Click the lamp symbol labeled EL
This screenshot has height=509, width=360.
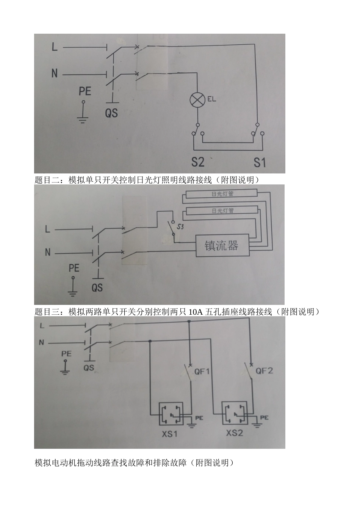coord(197,100)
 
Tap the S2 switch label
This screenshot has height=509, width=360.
coord(198,162)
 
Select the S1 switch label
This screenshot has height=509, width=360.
coord(260,162)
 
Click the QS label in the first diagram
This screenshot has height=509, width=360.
coord(111,112)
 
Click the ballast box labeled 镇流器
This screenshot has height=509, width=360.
coord(222,246)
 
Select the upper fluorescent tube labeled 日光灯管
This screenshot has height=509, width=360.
coord(222,194)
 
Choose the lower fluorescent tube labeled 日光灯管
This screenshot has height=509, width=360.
coord(222,211)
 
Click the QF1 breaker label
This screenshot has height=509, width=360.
coord(202,372)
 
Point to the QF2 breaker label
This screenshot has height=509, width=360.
coord(264,371)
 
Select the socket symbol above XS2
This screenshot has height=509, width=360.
coord(234,414)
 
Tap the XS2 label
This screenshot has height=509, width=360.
coord(234,432)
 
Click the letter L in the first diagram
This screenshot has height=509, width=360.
coord(55,47)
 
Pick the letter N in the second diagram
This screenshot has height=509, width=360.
coord(48,252)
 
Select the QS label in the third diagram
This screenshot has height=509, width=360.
coord(89,368)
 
